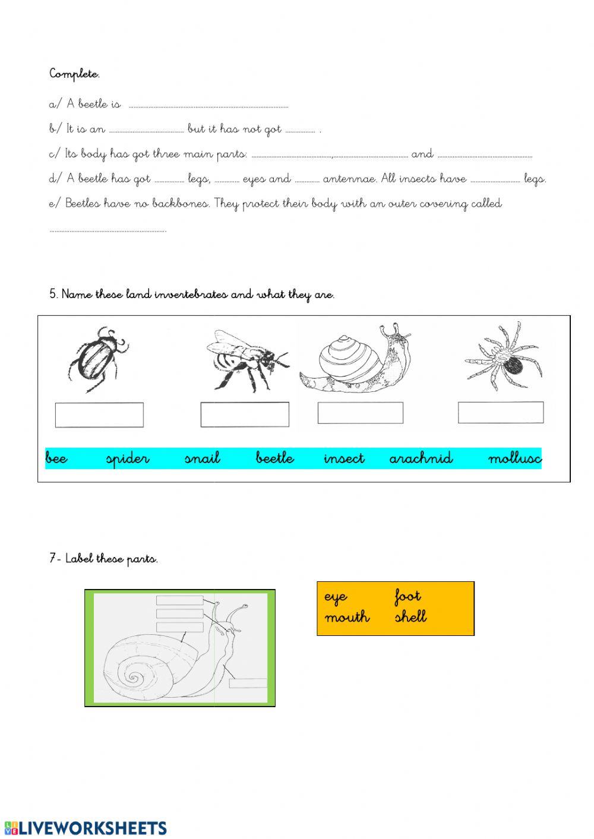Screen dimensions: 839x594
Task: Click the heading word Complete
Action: tap(74, 74)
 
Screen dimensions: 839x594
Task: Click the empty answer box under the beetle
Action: tap(99, 414)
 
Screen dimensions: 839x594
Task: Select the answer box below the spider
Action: tap(500, 412)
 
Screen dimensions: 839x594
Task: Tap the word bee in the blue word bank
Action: tap(56, 458)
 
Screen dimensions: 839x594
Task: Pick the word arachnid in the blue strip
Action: tap(421, 458)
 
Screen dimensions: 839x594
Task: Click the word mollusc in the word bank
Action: tap(514, 458)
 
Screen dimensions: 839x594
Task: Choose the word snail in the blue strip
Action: tap(202, 458)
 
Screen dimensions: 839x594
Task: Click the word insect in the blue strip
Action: tap(344, 458)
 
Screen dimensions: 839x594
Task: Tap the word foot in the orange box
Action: tap(407, 596)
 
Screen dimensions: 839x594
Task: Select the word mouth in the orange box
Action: tap(347, 618)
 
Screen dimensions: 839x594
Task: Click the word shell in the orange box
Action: tap(410, 617)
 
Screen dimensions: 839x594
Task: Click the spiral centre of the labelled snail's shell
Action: tap(133, 677)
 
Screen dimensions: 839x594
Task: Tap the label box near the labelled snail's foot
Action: tap(248, 683)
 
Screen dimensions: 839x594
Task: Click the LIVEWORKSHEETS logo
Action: tap(86, 828)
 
